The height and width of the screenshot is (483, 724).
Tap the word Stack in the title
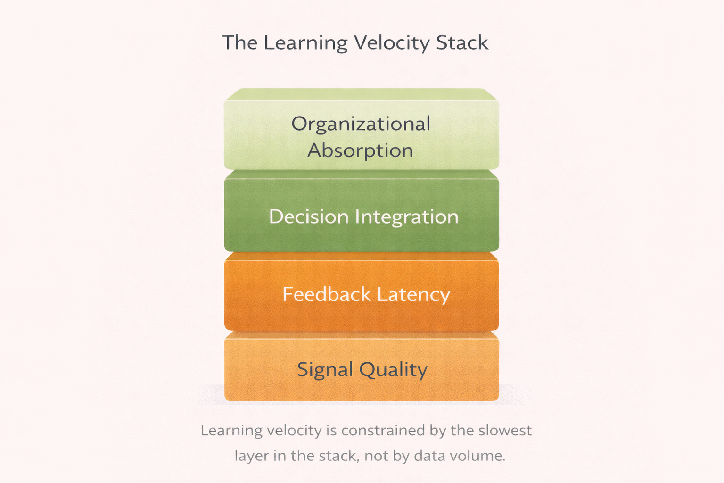[x=462, y=43]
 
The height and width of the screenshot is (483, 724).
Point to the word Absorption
[x=361, y=151]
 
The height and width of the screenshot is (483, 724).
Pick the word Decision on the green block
[x=309, y=217]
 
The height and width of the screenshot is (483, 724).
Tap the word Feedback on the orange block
[x=327, y=294]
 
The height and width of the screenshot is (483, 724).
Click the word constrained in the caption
[x=383, y=431]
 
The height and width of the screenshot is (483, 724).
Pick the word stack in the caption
[x=338, y=456]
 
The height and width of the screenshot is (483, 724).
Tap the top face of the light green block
[x=362, y=94]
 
